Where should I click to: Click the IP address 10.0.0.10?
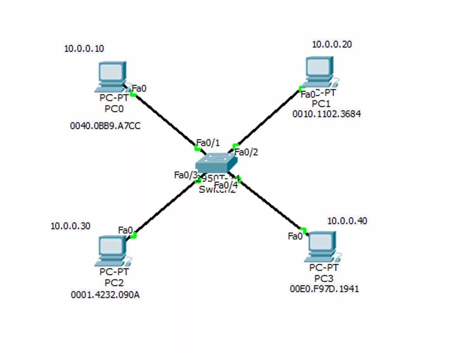[84, 49]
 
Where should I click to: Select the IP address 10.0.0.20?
[332, 44]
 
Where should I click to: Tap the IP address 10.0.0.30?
[70, 226]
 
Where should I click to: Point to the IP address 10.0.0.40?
[347, 221]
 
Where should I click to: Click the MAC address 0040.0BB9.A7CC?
[105, 126]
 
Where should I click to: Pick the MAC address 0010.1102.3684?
[326, 114]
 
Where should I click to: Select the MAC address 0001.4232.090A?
[105, 295]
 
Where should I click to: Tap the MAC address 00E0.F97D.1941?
[324, 289]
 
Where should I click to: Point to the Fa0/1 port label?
[208, 143]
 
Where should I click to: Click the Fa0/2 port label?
[246, 152]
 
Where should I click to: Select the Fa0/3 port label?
[185, 175]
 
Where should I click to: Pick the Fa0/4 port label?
[226, 185]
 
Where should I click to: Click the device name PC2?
[114, 283]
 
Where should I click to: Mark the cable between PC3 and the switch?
[270, 204]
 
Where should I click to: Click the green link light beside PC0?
[133, 94]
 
